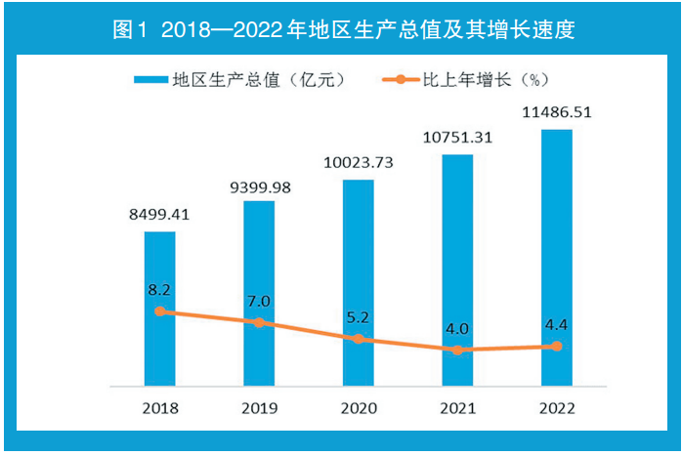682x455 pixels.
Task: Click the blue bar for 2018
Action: coord(160,308)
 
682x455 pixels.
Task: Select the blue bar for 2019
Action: coord(259,293)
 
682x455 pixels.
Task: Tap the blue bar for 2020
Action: coord(358,282)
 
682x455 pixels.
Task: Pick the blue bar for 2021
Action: coord(457,269)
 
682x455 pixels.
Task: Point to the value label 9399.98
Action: coord(259,186)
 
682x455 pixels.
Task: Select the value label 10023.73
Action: coord(358,163)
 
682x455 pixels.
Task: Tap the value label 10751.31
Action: coord(457,137)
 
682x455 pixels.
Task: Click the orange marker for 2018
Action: coord(160,311)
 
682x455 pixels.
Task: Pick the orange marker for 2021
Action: coord(457,350)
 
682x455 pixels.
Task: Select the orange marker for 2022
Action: coord(557,347)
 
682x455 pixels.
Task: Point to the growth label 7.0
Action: coord(259,302)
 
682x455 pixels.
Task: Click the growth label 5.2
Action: coord(358,318)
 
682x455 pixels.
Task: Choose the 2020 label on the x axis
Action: coord(358,407)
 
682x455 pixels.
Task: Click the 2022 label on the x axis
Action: coord(557,407)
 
